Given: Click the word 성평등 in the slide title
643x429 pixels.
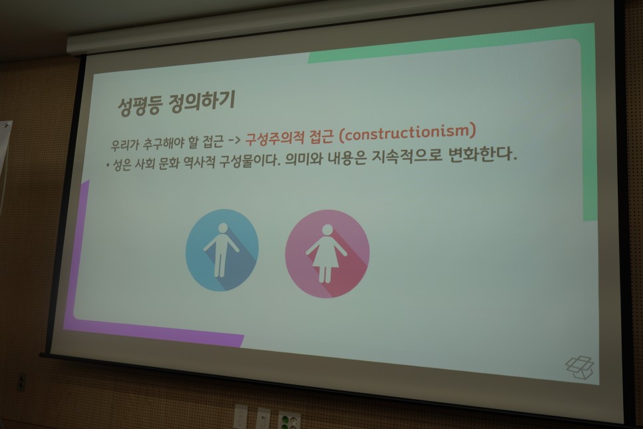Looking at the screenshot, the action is click(139, 106).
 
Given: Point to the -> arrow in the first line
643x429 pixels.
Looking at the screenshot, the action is click(234, 141).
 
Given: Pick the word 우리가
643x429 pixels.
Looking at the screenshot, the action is click(123, 145).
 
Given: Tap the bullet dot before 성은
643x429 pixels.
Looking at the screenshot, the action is click(107, 167).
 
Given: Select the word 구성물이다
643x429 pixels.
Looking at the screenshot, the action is click(250, 161).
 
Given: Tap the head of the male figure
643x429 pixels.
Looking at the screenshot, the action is click(223, 228).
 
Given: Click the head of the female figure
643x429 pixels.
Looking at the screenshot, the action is click(327, 229).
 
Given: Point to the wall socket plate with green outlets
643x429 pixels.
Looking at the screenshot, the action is click(289, 420).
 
